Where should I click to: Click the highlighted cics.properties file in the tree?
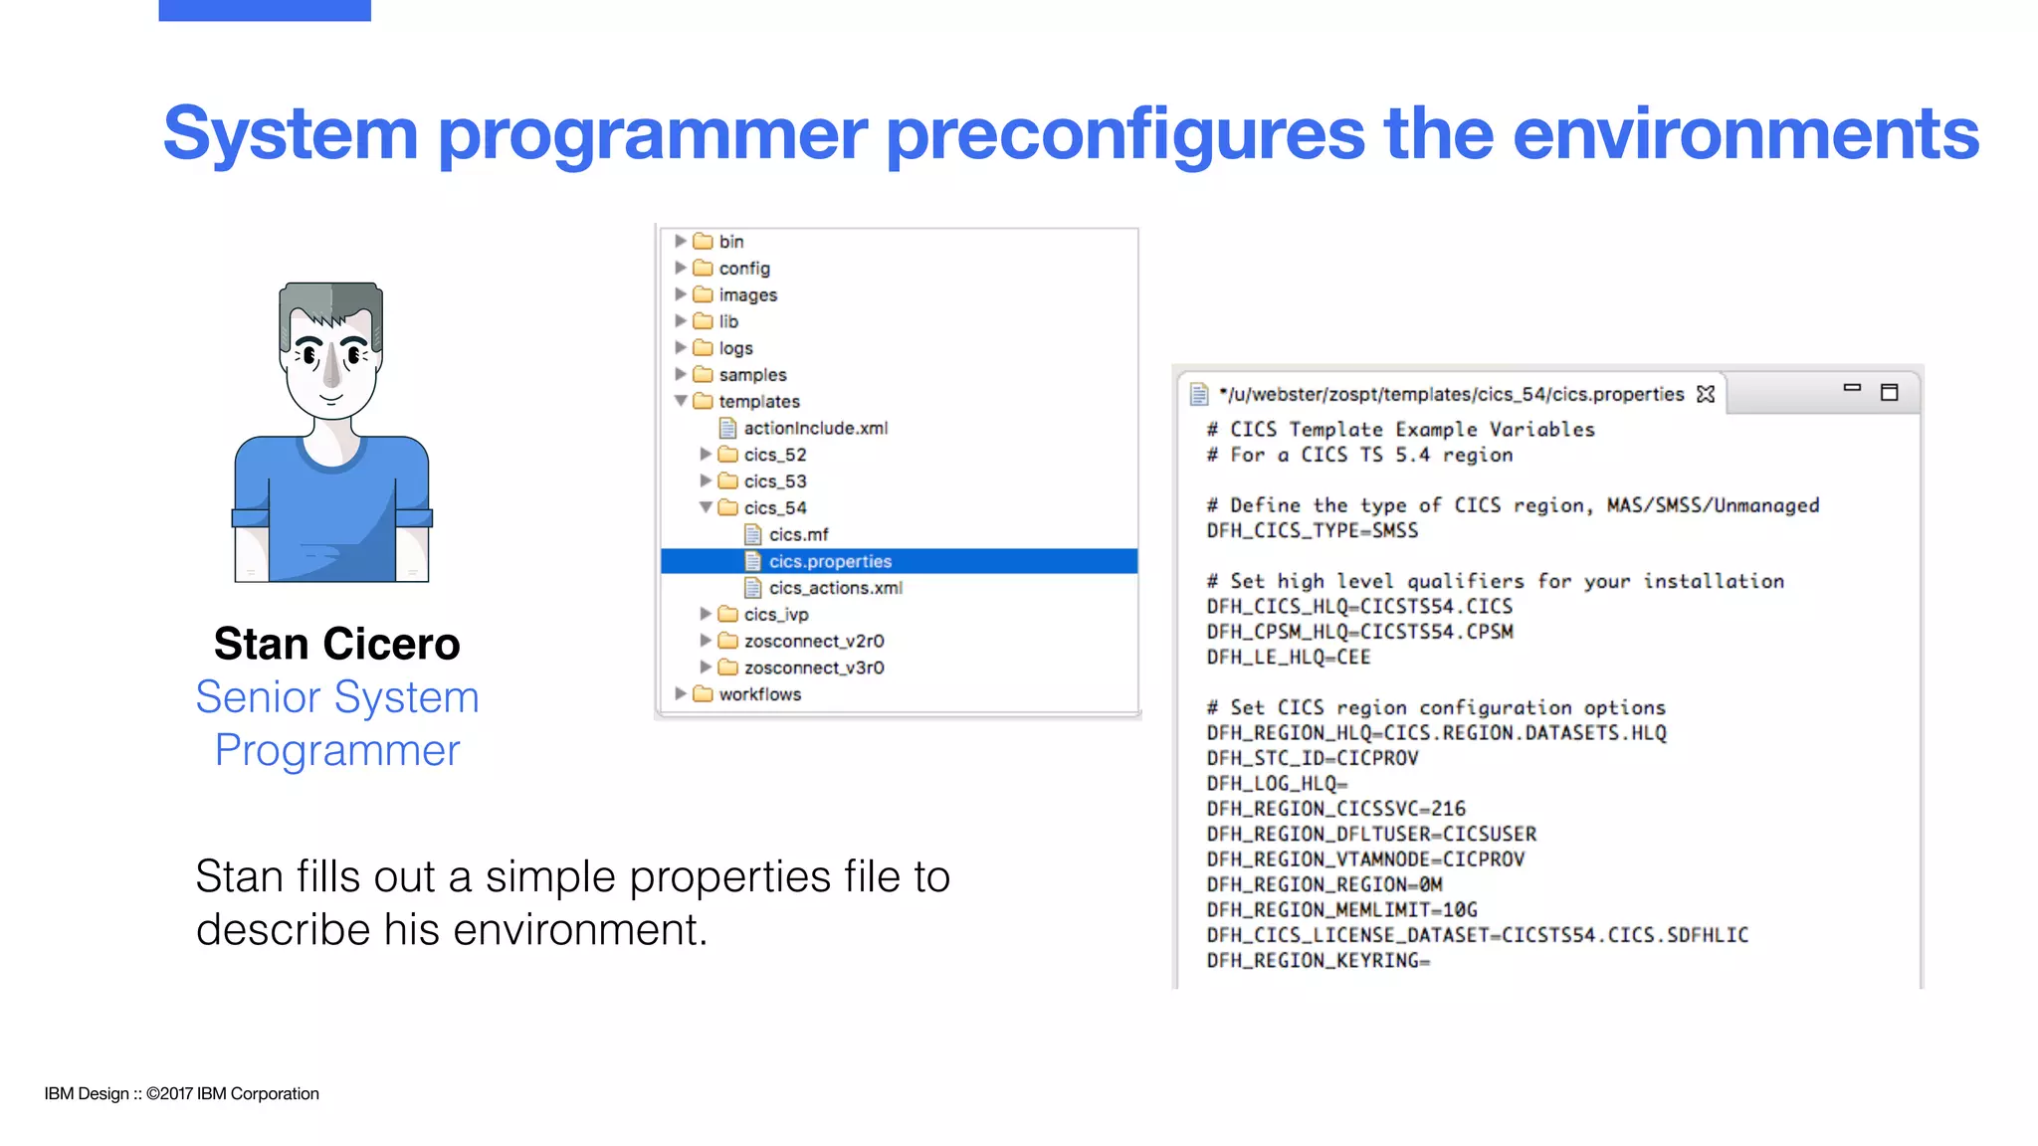(x=829, y=561)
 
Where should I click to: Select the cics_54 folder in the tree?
(x=774, y=507)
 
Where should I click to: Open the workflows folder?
(x=759, y=694)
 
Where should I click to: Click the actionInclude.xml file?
(x=814, y=428)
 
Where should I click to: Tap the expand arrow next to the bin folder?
(x=681, y=241)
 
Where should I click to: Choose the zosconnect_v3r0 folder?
(x=813, y=668)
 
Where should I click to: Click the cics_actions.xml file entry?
(x=835, y=588)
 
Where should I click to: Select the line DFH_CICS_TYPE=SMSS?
(x=1312, y=530)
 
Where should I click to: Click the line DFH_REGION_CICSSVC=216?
(x=1335, y=809)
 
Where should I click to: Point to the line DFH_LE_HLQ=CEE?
(x=1288, y=657)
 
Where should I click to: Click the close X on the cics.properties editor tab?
(x=1706, y=394)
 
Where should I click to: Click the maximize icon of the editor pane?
(x=1889, y=392)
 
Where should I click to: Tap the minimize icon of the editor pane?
(x=1852, y=388)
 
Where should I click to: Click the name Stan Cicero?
(x=336, y=645)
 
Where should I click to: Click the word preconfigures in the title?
(x=1124, y=135)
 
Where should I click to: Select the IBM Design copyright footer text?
(x=181, y=1093)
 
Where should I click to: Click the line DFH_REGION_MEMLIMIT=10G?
(x=1341, y=909)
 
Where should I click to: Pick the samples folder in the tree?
(x=751, y=375)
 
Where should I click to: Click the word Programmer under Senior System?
(x=336, y=750)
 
